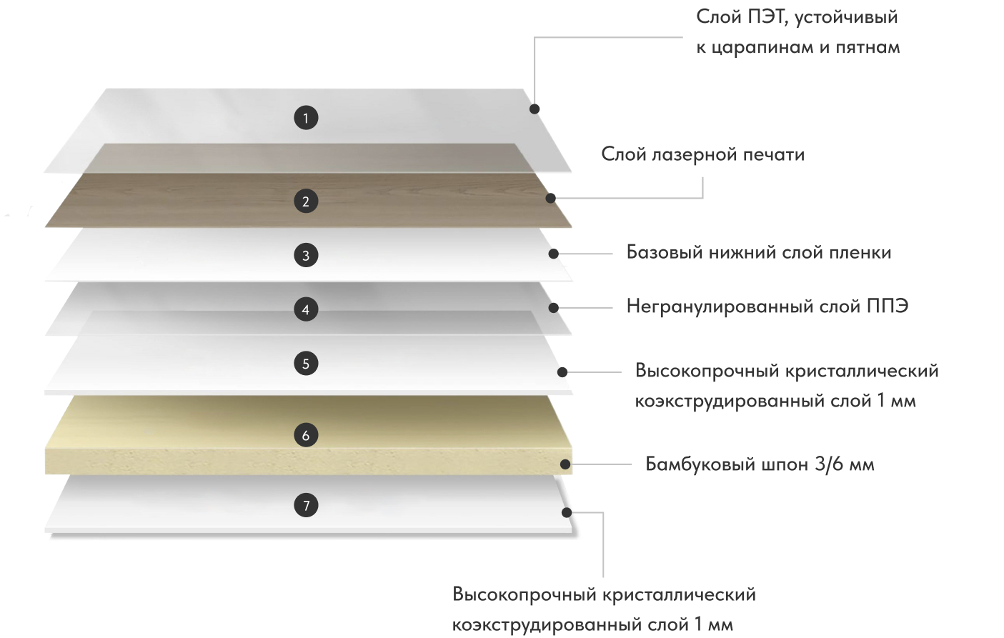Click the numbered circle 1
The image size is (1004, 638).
pos(306,117)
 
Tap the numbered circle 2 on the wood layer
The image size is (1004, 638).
pos(306,201)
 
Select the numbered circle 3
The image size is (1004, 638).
pos(306,255)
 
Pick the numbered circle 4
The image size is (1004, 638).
pos(306,309)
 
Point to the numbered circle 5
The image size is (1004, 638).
pos(306,364)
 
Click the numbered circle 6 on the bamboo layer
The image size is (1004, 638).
pos(306,434)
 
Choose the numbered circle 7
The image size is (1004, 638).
pos(306,505)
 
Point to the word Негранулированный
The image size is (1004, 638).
pos(720,306)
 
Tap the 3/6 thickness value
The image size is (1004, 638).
pos(829,464)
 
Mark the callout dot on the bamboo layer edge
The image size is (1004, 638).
pos(565,464)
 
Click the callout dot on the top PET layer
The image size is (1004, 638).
pos(535,109)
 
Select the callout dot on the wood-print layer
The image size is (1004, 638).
pos(550,198)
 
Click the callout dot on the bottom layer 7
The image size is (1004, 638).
pos(567,512)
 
